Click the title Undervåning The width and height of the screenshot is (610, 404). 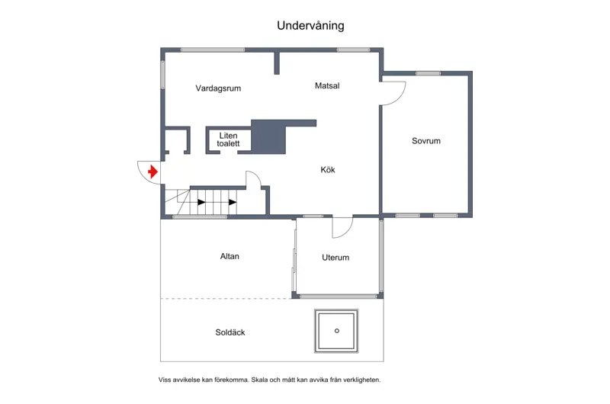click(x=310, y=26)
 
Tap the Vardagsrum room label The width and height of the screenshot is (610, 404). click(x=218, y=88)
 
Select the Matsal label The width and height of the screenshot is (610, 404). click(x=327, y=85)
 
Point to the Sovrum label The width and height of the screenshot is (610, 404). click(x=426, y=141)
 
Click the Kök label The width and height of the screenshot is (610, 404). click(x=328, y=169)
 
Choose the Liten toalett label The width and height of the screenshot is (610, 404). click(x=228, y=139)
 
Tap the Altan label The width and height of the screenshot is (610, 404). click(x=230, y=256)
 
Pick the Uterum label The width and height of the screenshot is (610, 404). click(x=335, y=258)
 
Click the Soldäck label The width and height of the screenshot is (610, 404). click(x=230, y=332)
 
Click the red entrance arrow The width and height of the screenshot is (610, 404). click(x=153, y=172)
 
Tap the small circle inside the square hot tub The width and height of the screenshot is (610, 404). click(x=337, y=331)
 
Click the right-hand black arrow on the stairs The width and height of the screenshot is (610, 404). click(x=233, y=202)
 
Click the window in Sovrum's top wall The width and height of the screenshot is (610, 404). click(x=428, y=73)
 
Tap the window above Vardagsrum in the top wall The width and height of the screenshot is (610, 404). click(x=213, y=50)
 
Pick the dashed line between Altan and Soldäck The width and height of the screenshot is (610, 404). click(x=226, y=299)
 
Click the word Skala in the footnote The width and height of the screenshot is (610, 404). click(x=259, y=380)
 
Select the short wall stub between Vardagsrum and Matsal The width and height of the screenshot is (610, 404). click(x=277, y=63)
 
